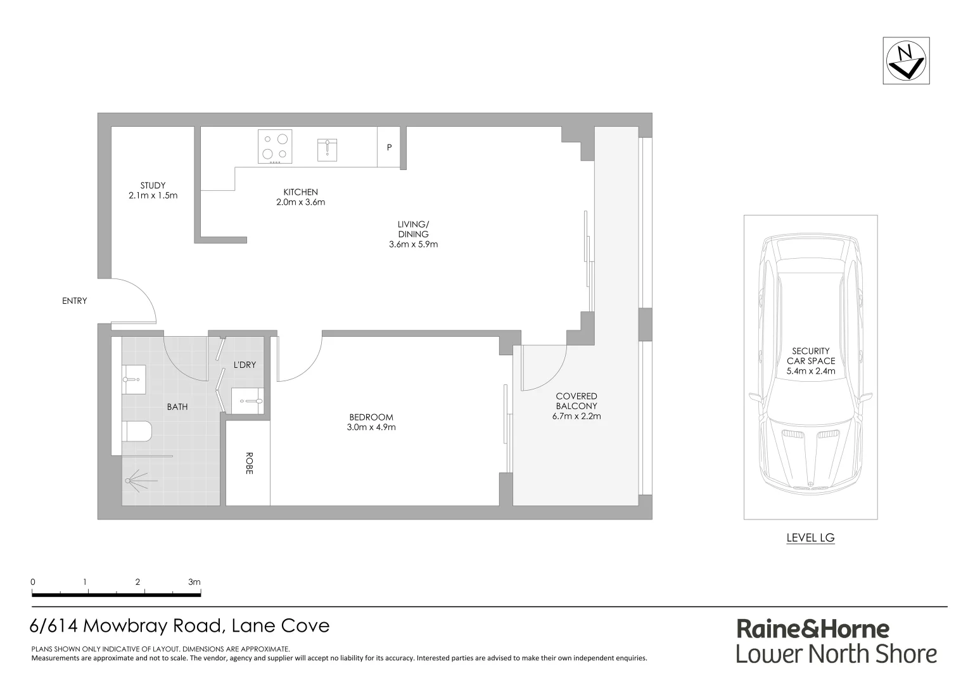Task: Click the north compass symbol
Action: point(906,61)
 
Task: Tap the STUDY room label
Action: point(153,186)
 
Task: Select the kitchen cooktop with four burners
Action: point(275,147)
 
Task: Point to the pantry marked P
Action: point(389,147)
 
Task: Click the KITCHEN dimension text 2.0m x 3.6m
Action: point(300,202)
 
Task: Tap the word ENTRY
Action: point(74,301)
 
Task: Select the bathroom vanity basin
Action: point(134,379)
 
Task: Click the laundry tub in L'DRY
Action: point(248,401)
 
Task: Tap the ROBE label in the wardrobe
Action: point(248,463)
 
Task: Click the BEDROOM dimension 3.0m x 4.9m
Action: point(371,427)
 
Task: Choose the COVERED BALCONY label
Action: point(576,401)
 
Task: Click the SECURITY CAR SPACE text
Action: point(811,356)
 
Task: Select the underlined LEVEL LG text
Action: point(810,538)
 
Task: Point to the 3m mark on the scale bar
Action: point(194,582)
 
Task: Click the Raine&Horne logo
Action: point(813,629)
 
